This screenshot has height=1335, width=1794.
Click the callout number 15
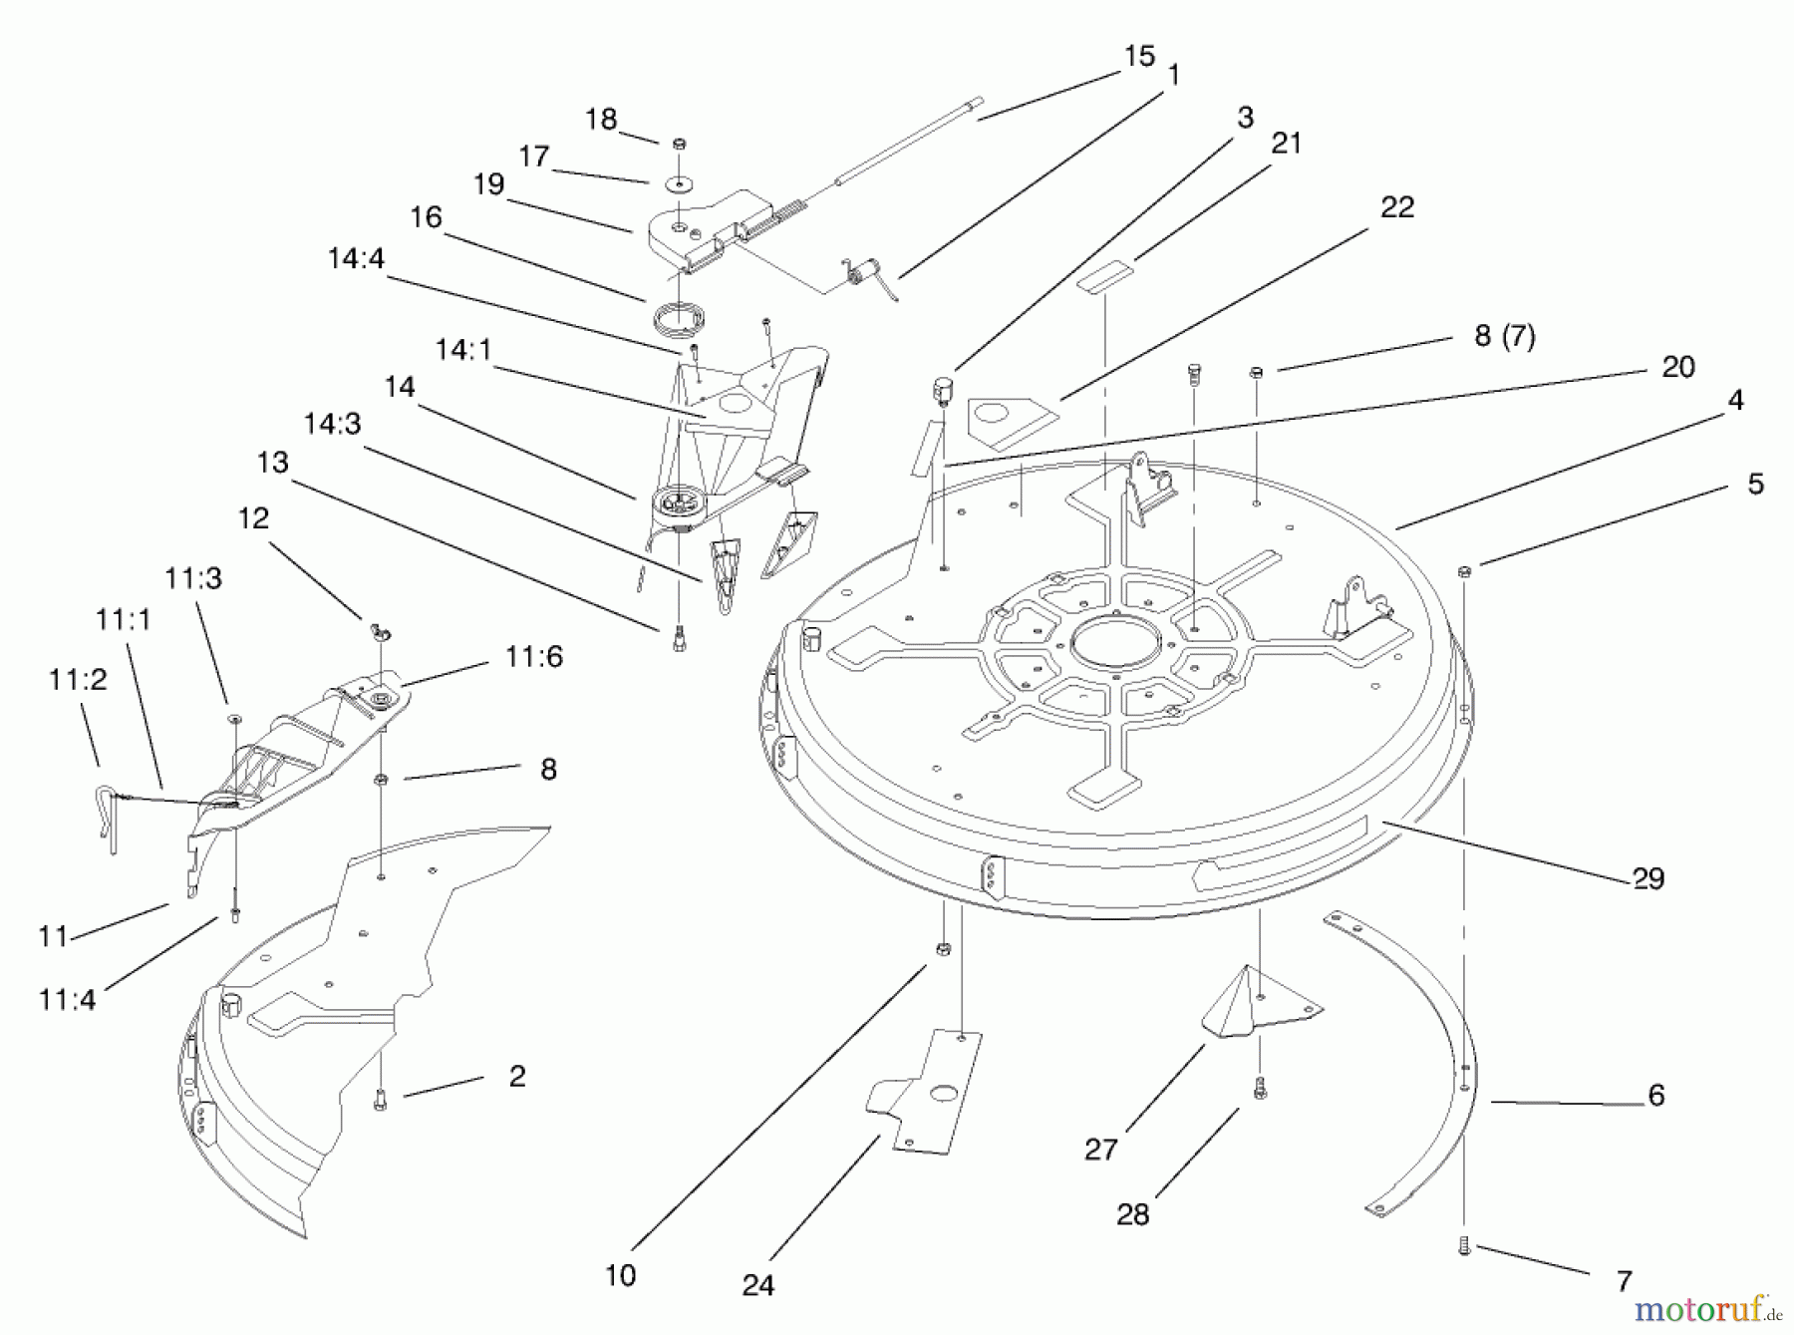pyautogui.click(x=1139, y=56)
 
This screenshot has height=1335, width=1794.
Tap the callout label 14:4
pyautogui.click(x=356, y=258)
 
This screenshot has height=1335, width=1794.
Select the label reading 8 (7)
pyautogui.click(x=1505, y=336)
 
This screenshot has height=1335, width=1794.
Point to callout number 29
pyautogui.click(x=1648, y=878)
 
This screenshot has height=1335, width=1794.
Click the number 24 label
pyautogui.click(x=758, y=1285)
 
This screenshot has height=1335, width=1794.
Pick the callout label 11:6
pyautogui.click(x=534, y=656)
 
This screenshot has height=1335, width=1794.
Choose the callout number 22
pyautogui.click(x=1397, y=206)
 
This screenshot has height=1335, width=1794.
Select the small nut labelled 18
pyautogui.click(x=679, y=144)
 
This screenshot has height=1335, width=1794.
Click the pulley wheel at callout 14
pyautogui.click(x=681, y=504)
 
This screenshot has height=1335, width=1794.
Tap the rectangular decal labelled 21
pyautogui.click(x=1103, y=276)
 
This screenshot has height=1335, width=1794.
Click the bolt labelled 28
pyautogui.click(x=1260, y=1088)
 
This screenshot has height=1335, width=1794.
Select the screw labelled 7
pyautogui.click(x=1464, y=1245)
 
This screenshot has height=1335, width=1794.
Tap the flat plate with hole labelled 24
pyautogui.click(x=926, y=1093)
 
